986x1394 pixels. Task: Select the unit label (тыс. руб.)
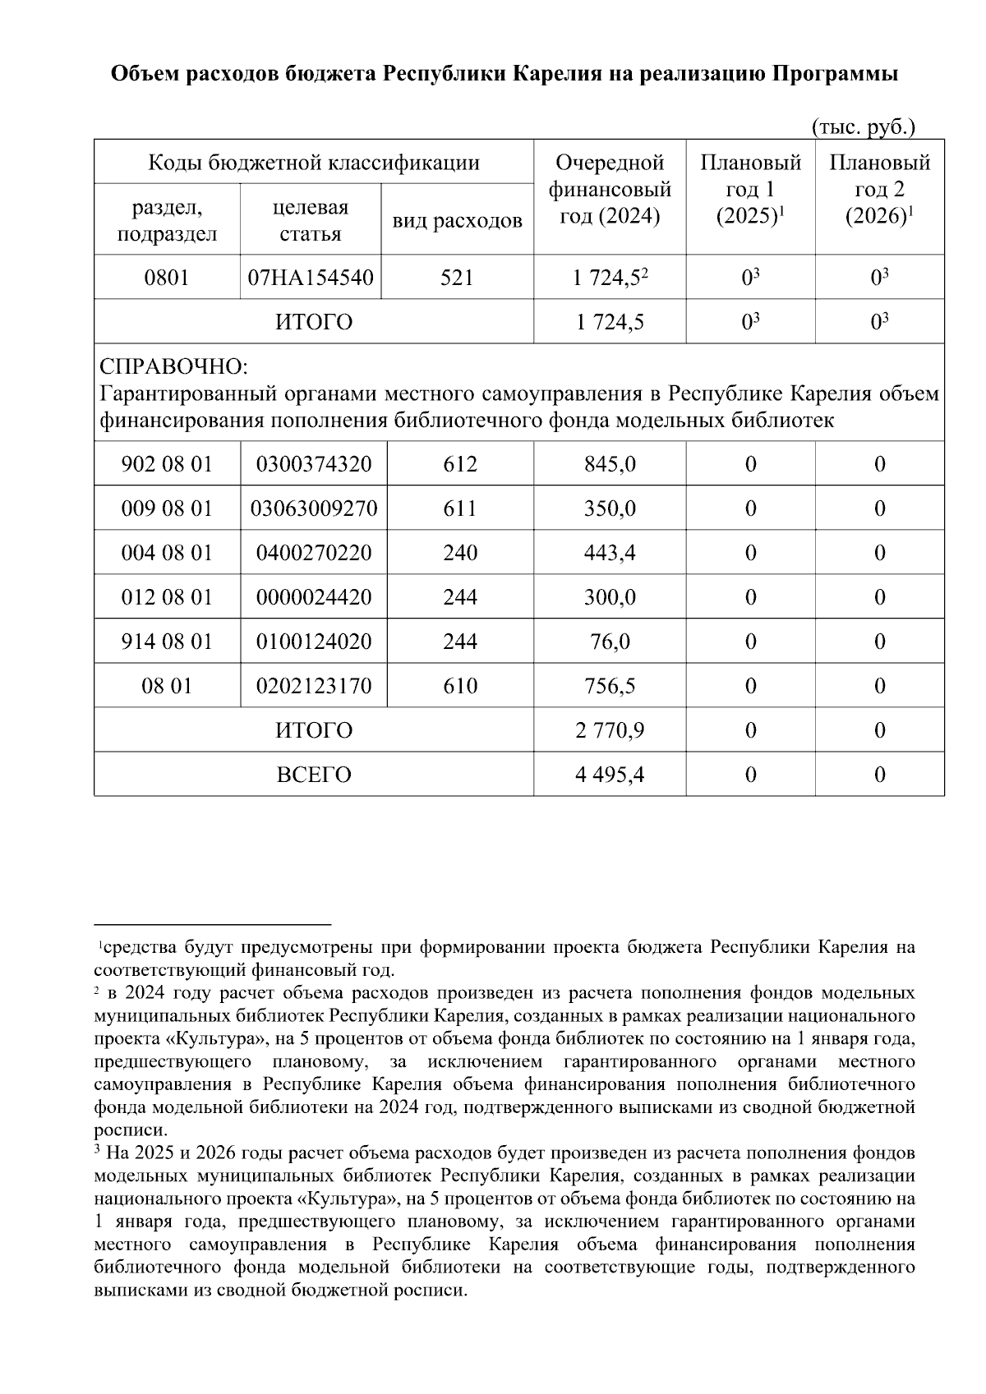click(863, 127)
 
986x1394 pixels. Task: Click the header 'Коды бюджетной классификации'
click(313, 163)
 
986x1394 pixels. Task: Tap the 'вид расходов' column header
click(457, 220)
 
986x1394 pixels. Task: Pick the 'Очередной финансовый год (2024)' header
click(610, 190)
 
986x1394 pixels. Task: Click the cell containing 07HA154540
click(311, 278)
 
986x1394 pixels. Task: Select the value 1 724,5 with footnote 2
click(610, 278)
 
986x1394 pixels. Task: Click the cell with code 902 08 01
click(167, 464)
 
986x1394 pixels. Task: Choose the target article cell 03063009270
click(313, 508)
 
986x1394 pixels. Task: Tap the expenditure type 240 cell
click(460, 553)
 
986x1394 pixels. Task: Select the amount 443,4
click(610, 553)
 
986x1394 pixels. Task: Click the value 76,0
click(610, 642)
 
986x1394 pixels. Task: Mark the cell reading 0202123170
click(313, 686)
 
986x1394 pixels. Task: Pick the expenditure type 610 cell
click(460, 686)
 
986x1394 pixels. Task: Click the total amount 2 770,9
click(610, 730)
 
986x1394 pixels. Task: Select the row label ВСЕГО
click(313, 775)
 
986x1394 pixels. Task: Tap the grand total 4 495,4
click(610, 775)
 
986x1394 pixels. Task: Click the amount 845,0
click(610, 464)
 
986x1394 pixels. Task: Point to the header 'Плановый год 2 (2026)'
click(879, 190)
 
